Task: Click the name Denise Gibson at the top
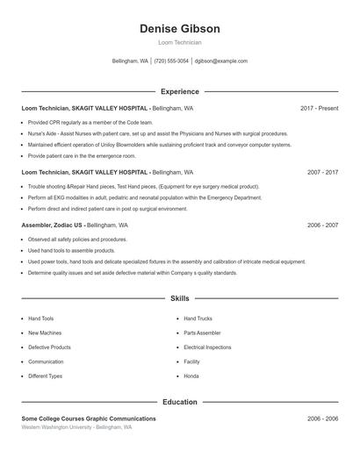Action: pos(179,29)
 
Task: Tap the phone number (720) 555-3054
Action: pos(171,61)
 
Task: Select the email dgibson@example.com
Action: pos(221,61)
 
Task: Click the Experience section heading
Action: pos(179,91)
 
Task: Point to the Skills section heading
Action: pos(179,299)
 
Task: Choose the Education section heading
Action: pos(179,402)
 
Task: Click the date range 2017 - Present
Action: pos(319,108)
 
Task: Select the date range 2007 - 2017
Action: pos(322,172)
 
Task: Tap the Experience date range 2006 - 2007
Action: pos(322,225)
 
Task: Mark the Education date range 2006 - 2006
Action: pos(322,418)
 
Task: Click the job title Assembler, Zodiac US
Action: pos(53,225)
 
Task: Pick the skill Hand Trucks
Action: pos(198,318)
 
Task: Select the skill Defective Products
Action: pos(49,347)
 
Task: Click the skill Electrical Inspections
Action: pos(207,347)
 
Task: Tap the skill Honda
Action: pos(191,376)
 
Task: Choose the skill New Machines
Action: pos(45,333)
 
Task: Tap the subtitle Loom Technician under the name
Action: pos(179,42)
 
